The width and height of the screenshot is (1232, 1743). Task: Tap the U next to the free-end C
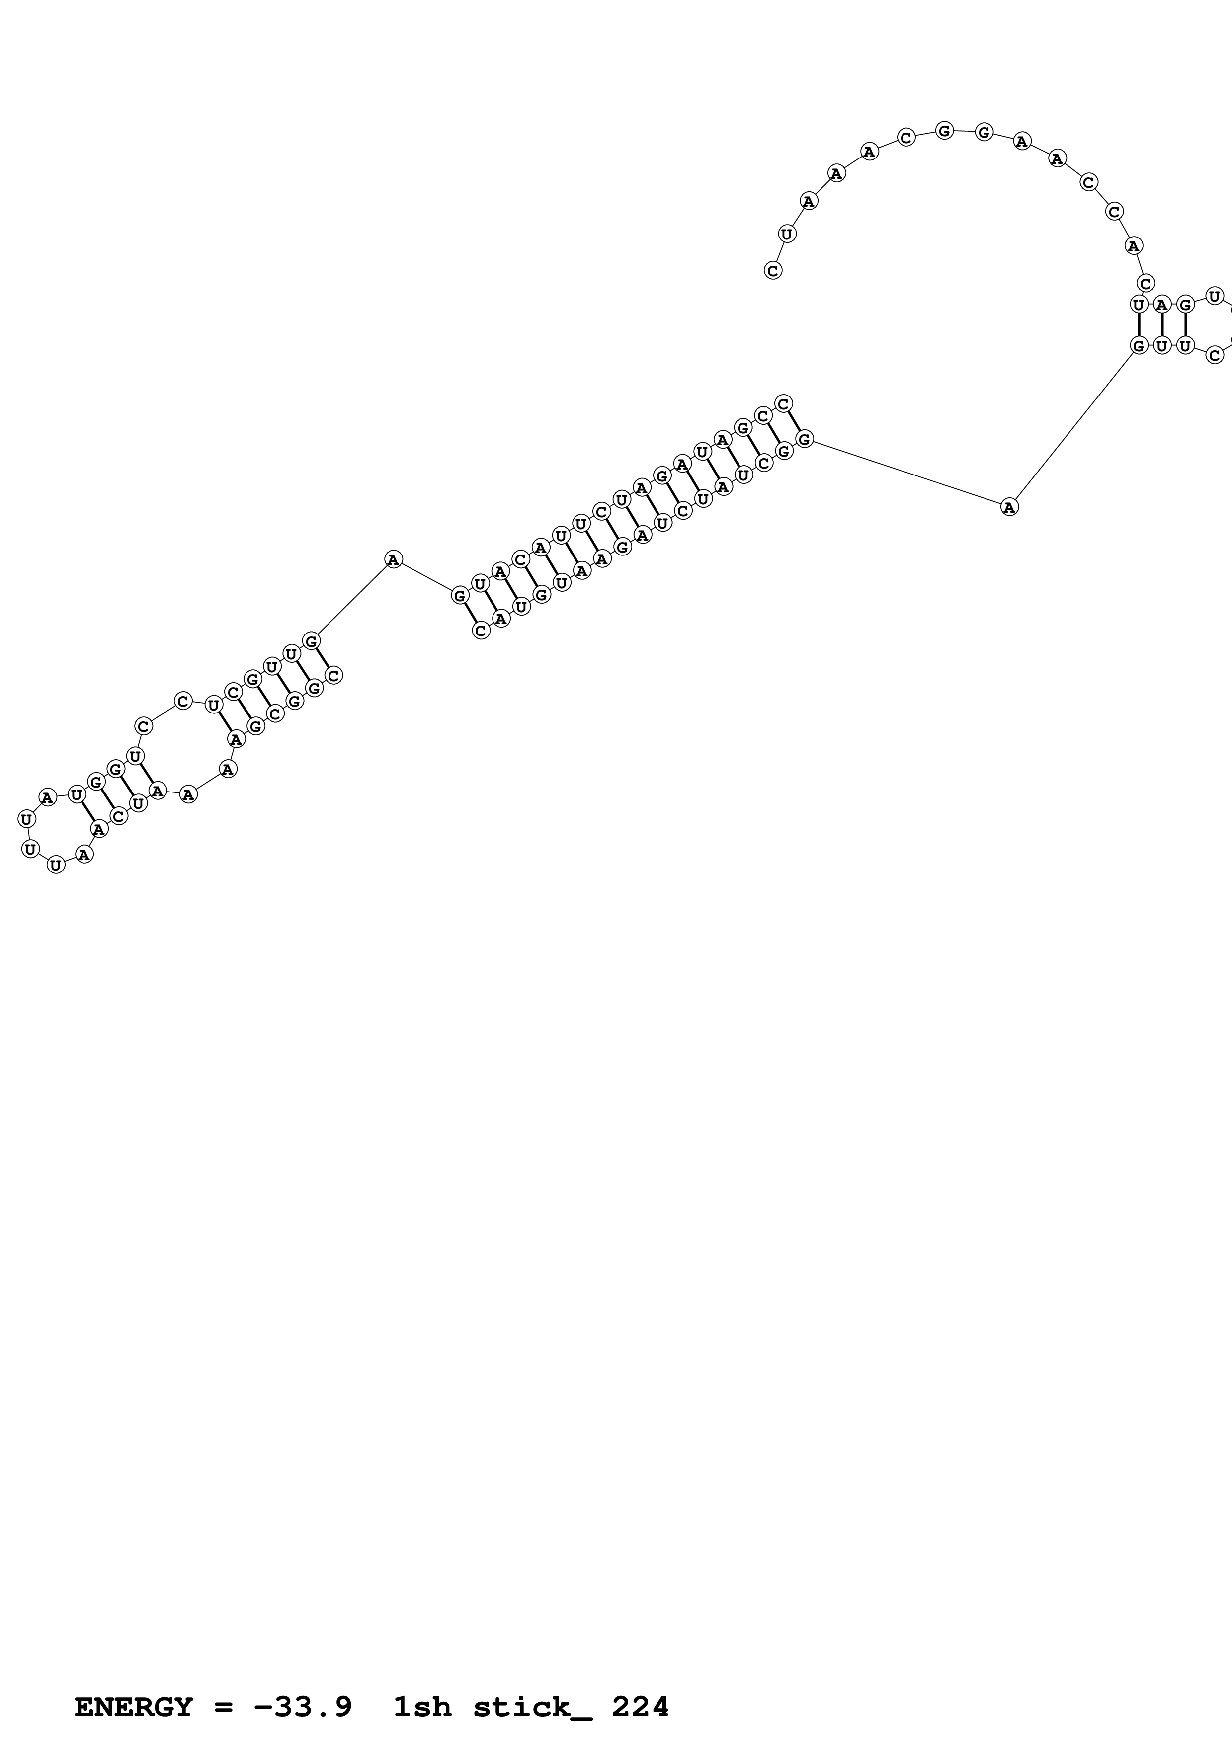(x=786, y=234)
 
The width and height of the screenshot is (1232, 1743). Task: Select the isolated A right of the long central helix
(x=1009, y=507)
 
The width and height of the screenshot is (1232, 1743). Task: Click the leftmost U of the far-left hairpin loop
(x=26, y=819)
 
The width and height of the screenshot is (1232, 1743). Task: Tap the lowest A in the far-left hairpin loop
(x=84, y=855)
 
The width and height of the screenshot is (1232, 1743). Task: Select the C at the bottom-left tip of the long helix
(x=481, y=630)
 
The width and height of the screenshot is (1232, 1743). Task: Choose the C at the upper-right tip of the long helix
(x=783, y=403)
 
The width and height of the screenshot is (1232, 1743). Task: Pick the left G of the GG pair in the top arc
(x=944, y=131)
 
